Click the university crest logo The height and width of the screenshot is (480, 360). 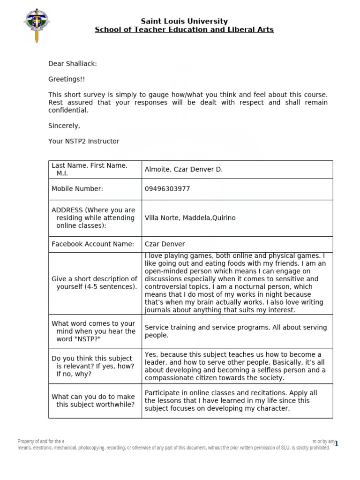pyautogui.click(x=37, y=25)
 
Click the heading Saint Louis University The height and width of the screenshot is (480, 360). pyautogui.click(x=184, y=21)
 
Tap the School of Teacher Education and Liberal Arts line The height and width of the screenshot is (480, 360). pyautogui.click(x=184, y=30)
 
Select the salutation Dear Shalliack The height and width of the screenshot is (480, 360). pyautogui.click(x=73, y=64)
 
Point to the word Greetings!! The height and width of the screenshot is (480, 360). pyautogui.click(x=67, y=79)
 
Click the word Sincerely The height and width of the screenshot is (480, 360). pyautogui.click(x=64, y=126)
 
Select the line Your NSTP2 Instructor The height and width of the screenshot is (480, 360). pyautogui.click(x=84, y=141)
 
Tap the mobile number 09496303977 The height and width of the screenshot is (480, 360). pyautogui.click(x=167, y=189)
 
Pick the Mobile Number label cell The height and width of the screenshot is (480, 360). pyautogui.click(x=77, y=189)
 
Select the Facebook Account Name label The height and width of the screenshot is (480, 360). pyautogui.click(x=93, y=244)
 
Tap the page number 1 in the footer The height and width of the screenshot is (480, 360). pyautogui.click(x=336, y=443)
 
